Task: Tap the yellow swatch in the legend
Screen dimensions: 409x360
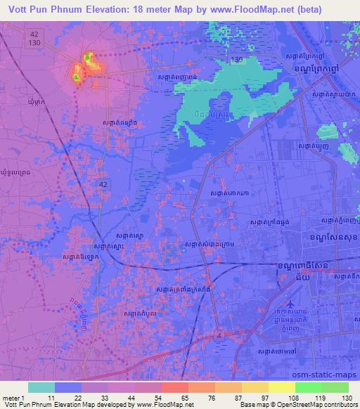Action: pyautogui.click(x=281, y=387)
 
